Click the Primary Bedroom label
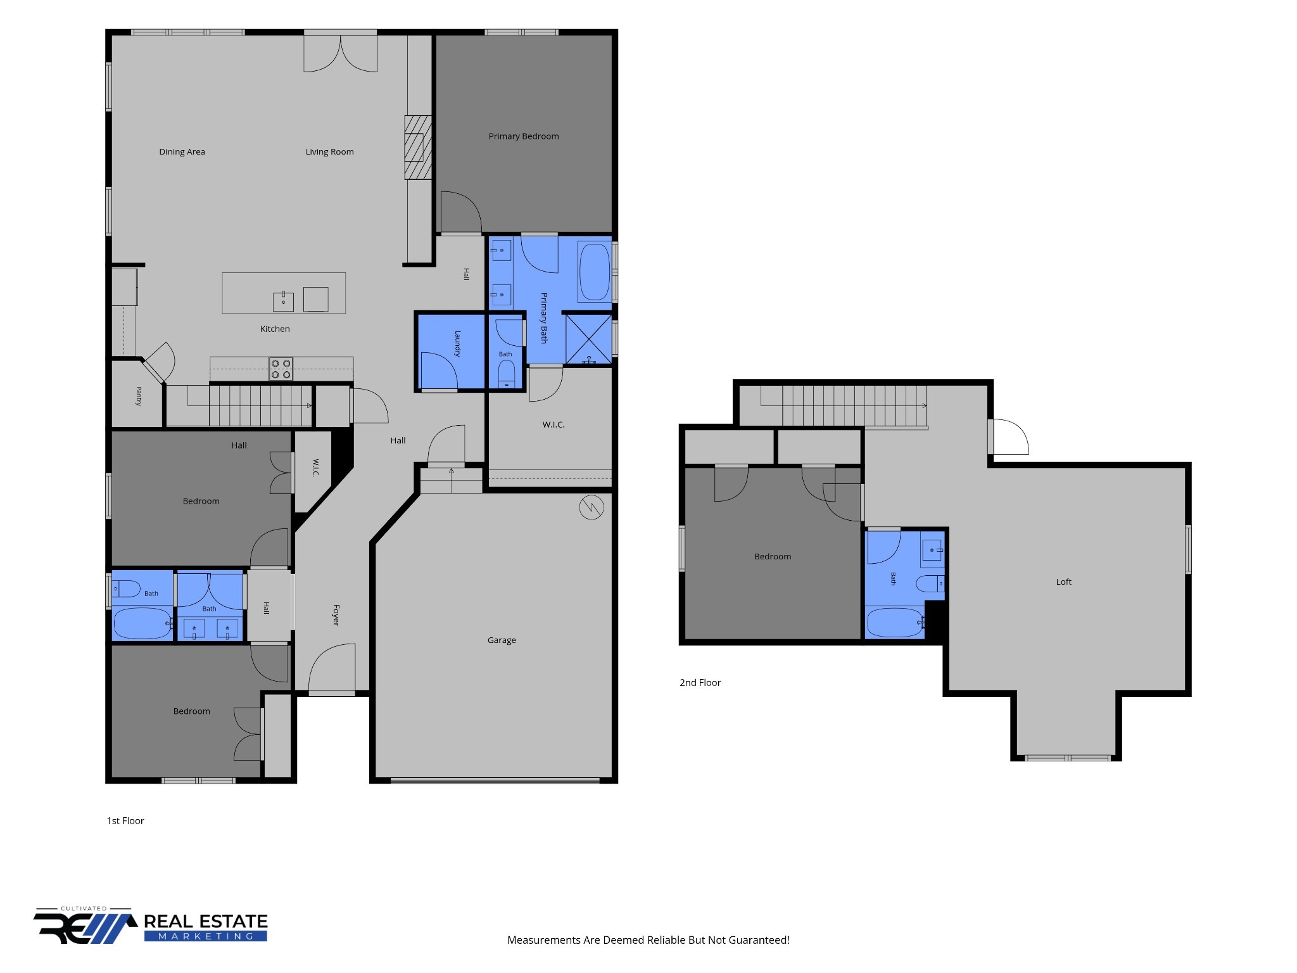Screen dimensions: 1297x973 (523, 136)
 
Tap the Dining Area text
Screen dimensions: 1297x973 (182, 152)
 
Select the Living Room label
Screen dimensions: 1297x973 (329, 152)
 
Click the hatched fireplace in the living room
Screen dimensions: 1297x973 (418, 147)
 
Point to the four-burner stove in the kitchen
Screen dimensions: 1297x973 (281, 369)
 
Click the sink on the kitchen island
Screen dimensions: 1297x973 (283, 302)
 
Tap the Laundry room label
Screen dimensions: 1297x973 (457, 344)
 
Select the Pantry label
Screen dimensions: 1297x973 (139, 396)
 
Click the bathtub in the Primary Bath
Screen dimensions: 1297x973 (594, 272)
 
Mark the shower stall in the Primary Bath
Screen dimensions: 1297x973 (588, 338)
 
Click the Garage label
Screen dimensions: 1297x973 (502, 640)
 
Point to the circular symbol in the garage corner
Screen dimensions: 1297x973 (592, 507)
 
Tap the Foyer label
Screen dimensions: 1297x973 (336, 615)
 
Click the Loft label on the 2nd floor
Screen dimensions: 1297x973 (1064, 582)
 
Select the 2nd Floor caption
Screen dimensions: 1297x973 (700, 682)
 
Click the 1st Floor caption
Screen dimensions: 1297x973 (125, 820)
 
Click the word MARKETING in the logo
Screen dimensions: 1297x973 (205, 936)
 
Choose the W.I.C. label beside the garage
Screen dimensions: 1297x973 (553, 424)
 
